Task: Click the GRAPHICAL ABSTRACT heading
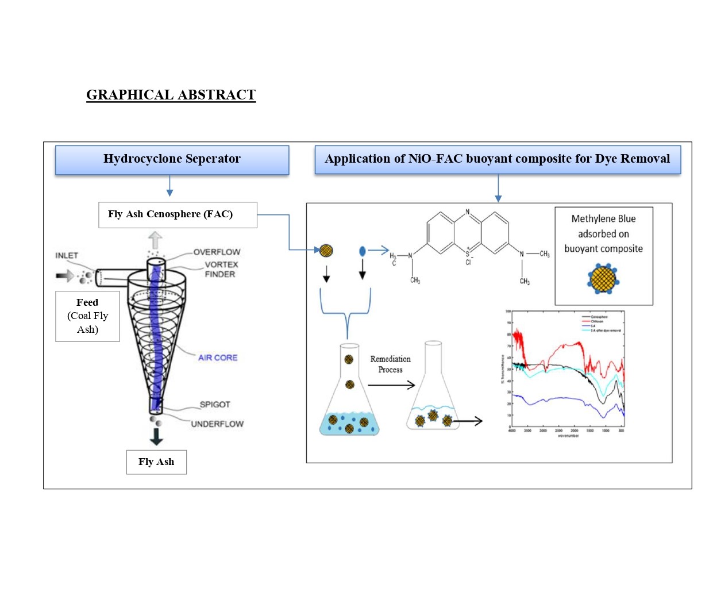click(x=171, y=95)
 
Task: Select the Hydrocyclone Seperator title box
click(x=172, y=159)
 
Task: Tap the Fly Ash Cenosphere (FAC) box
click(x=178, y=214)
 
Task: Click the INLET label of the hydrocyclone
click(x=67, y=255)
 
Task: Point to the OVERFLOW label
click(x=217, y=252)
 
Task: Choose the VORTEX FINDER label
click(x=221, y=270)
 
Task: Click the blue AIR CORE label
click(x=217, y=358)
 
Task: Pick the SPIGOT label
click(x=215, y=404)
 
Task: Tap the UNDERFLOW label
click(x=217, y=424)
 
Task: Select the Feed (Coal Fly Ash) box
click(x=87, y=316)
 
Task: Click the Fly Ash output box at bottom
click(x=156, y=462)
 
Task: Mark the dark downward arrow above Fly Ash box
click(x=156, y=437)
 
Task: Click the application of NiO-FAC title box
click(x=498, y=159)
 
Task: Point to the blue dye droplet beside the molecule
click(x=362, y=251)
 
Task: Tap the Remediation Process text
click(x=390, y=364)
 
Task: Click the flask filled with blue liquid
click(x=349, y=397)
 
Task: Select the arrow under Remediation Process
click(x=391, y=385)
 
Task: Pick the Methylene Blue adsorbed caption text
click(x=603, y=234)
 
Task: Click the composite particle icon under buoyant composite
click(x=603, y=278)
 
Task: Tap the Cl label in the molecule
click(x=469, y=262)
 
